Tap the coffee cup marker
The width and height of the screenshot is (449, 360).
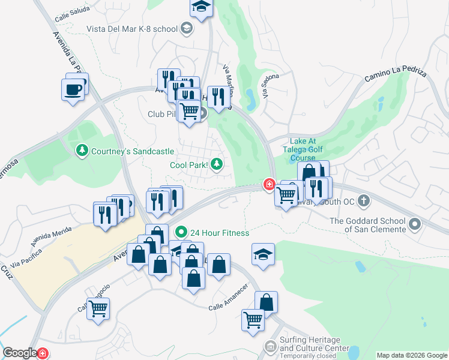[x=73, y=90]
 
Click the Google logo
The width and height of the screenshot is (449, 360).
[x=20, y=353]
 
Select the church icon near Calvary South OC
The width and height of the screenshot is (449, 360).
[x=363, y=200]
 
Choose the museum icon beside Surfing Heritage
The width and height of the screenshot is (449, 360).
[x=271, y=347]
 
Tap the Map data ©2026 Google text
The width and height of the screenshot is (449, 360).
[x=412, y=355]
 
